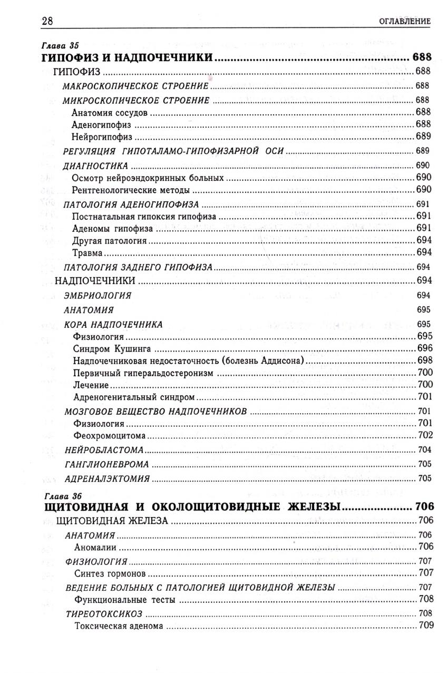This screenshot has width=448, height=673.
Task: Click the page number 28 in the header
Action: [x=47, y=21]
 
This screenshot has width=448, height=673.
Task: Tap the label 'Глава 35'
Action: [x=59, y=46]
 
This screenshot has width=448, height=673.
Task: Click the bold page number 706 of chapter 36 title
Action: [x=424, y=506]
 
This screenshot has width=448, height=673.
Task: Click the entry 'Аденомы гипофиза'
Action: [x=112, y=228]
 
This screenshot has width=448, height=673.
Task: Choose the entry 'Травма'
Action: [x=87, y=253]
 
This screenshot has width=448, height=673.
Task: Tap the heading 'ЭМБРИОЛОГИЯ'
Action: [x=97, y=296]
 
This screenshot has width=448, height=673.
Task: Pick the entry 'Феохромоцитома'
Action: [x=110, y=435]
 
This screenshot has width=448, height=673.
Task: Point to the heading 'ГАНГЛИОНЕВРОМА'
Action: [x=106, y=464]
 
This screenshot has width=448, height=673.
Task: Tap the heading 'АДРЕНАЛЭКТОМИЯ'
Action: [x=107, y=479]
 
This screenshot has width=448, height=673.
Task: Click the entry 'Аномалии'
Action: [x=95, y=547]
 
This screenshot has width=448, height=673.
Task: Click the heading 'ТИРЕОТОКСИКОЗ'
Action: [x=104, y=613]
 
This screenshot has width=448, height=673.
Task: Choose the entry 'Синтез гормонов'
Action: [x=110, y=573]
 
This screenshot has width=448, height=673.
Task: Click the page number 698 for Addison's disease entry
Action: [x=424, y=360]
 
